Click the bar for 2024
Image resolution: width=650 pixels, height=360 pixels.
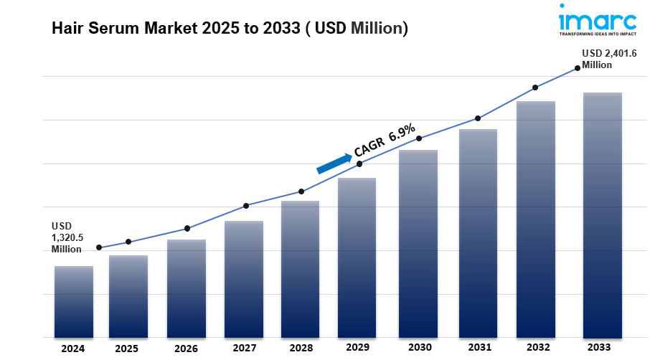73,301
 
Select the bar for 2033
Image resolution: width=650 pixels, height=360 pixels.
602,215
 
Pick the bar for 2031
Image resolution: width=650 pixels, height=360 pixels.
478,233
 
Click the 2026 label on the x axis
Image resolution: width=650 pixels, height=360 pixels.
186,348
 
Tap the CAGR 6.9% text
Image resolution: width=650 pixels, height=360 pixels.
385,141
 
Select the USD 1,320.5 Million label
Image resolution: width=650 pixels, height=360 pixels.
66,237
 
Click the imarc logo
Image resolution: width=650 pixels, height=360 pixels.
597,18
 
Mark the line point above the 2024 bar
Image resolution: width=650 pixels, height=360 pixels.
98,247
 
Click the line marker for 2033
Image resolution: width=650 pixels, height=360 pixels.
578,69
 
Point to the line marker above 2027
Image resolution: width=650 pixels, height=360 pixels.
246,206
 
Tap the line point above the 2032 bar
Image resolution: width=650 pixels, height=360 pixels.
535,88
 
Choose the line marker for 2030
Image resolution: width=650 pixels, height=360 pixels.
419,138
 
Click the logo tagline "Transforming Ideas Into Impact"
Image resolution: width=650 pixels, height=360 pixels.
597,34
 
